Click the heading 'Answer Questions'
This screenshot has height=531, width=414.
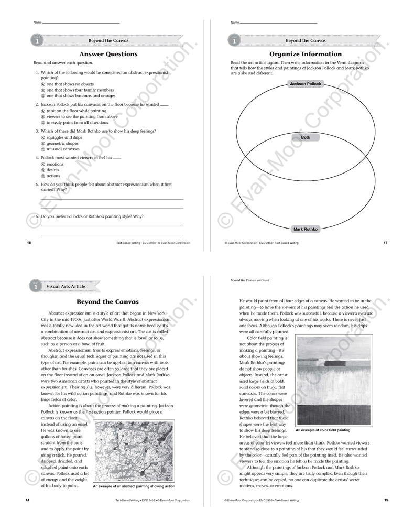[108, 54]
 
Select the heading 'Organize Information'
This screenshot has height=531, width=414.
[306, 54]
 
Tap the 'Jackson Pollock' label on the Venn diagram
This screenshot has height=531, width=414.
[306, 84]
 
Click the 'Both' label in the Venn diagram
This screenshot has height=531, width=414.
[306, 137]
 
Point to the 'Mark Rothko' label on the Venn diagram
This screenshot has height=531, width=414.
[306, 229]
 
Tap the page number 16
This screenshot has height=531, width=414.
[28, 243]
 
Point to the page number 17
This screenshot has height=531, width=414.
[386, 243]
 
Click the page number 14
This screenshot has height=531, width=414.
[27, 500]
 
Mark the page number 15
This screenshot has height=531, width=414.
[386, 500]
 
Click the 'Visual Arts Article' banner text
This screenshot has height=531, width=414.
[65, 286]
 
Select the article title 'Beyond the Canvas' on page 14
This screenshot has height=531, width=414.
[107, 302]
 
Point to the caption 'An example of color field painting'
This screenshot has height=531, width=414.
[323, 430]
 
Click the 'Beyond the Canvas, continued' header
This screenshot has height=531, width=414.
[249, 280]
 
